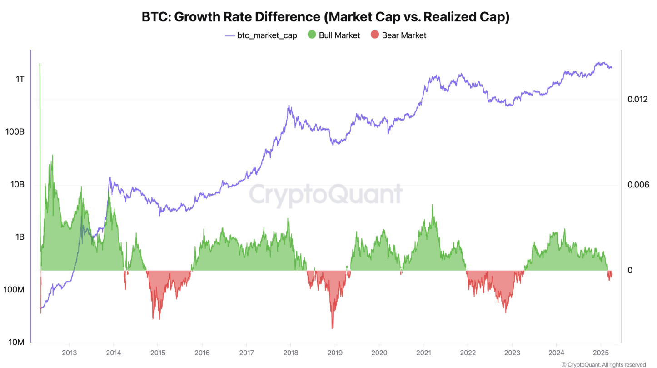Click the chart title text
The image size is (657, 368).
pyautogui.click(x=325, y=17)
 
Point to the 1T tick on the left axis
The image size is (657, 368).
pyautogui.click(x=20, y=79)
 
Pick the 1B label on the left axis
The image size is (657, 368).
pyautogui.click(x=20, y=237)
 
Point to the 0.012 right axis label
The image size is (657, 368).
pyautogui.click(x=637, y=99)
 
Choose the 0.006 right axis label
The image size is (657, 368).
pyautogui.click(x=637, y=185)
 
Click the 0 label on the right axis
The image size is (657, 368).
pyautogui.click(x=630, y=270)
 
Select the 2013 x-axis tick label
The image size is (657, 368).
pyautogui.click(x=69, y=353)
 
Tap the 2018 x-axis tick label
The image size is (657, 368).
pyautogui.click(x=290, y=353)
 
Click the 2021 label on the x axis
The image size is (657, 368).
pyautogui.click(x=423, y=353)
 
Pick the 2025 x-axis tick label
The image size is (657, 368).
pyautogui.click(x=601, y=353)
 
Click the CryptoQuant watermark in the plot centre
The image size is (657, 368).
pyautogui.click(x=325, y=194)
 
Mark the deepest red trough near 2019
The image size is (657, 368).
pyautogui.click(x=333, y=328)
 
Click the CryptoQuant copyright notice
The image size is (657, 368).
pyautogui.click(x=603, y=364)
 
